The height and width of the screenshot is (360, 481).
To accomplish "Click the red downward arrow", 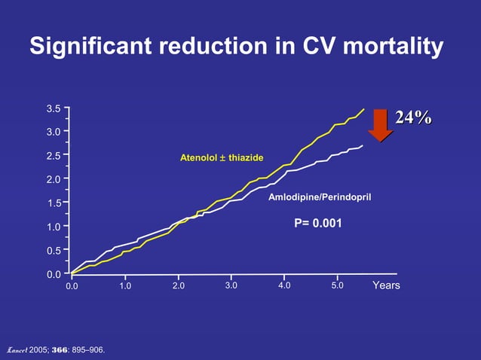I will [381, 124].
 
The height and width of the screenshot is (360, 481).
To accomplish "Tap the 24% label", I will [413, 117].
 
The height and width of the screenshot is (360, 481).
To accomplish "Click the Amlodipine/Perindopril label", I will [320, 197].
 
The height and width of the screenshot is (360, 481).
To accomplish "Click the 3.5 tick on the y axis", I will [54, 108].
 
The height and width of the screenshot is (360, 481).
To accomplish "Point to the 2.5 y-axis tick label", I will [54, 156].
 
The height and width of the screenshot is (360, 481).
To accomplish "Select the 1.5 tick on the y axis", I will [54, 203].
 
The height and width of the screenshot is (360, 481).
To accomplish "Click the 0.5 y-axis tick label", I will [54, 251].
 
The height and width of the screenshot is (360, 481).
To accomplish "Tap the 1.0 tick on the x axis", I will [124, 286].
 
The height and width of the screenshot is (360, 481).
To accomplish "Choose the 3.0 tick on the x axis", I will [231, 286].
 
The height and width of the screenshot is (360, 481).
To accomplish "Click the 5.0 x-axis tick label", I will [337, 286].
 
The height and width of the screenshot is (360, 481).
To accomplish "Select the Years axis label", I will [386, 286].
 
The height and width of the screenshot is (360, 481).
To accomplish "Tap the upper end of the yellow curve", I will [363, 109].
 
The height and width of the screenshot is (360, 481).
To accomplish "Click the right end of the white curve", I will [363, 145].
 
